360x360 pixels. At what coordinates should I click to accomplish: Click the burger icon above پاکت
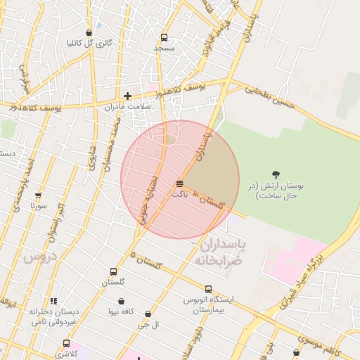coord(180,184)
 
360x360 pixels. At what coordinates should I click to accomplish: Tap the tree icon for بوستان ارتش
coord(275,174)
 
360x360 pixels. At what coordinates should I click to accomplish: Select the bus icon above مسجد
coord(164,38)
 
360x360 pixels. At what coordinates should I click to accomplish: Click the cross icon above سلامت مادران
coord(127,96)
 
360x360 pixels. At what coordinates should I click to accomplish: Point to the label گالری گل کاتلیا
coord(89,43)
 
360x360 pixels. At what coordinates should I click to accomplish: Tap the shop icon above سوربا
coord(38,196)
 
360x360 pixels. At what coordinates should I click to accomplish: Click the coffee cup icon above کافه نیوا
coord(121,301)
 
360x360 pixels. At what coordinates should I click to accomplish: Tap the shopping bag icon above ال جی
coord(148,314)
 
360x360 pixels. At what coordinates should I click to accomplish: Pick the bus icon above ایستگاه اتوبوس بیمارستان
coord(208,288)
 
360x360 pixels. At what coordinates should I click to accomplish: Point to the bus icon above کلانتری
coord(66,344)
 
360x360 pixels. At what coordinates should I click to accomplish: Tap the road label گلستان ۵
coord(146,259)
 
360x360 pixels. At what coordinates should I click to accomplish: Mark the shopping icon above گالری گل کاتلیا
coord(89,32)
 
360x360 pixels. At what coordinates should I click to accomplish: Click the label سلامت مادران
coord(128,107)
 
